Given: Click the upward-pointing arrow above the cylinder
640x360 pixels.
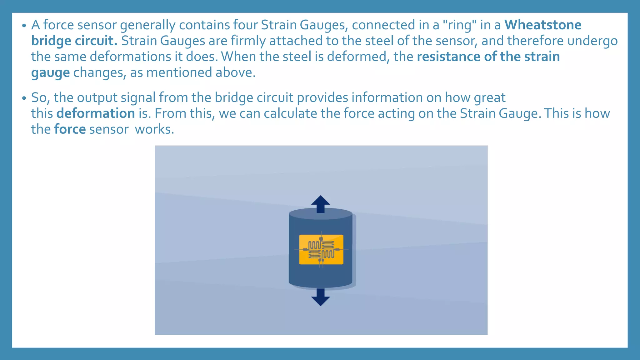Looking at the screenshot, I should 321,204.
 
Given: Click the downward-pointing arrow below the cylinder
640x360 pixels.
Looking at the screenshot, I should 321,297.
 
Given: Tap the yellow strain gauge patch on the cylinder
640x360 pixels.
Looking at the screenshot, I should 321,249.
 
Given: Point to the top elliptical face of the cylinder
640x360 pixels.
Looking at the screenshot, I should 321,214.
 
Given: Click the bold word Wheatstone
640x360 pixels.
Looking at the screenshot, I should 543,25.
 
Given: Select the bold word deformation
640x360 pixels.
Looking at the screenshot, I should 96,113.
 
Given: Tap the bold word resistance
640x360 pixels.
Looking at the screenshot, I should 448,57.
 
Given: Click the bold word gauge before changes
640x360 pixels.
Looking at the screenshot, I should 50,73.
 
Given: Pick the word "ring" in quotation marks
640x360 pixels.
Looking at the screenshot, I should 460,25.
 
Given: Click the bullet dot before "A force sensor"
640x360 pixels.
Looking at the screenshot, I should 24,26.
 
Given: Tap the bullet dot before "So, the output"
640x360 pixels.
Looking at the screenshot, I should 24,98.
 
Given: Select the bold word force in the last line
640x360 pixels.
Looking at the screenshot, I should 70,129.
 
